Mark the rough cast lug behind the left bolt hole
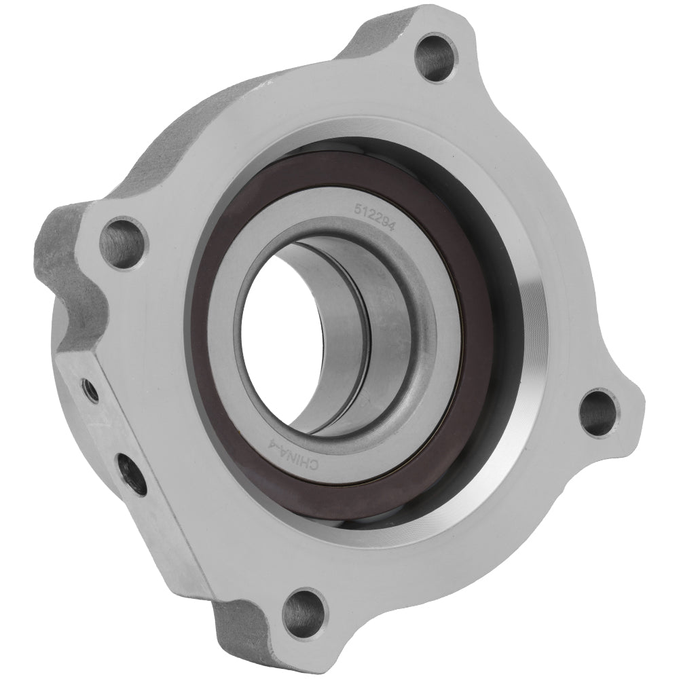[x=61, y=272]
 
